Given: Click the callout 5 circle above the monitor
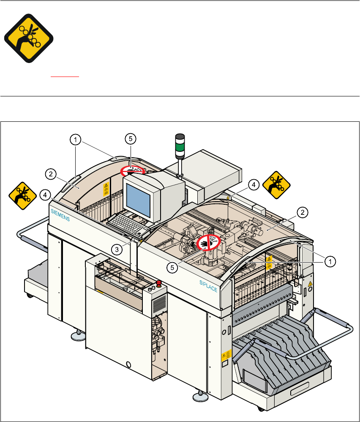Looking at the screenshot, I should pos(131,139).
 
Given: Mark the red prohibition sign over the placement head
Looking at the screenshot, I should pos(209,243).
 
